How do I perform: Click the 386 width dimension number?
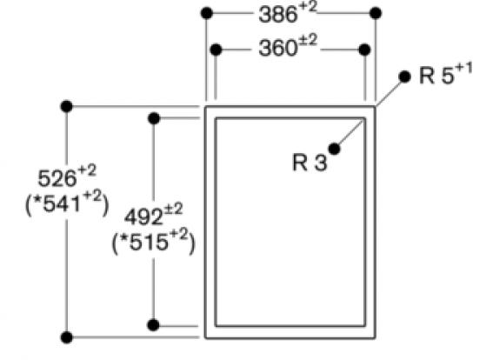click(x=278, y=15)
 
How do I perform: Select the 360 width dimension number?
click(x=278, y=49)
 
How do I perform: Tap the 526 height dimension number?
click(x=57, y=178)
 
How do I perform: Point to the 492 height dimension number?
click(x=143, y=217)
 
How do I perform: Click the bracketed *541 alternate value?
click(x=67, y=203)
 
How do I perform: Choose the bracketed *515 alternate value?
click(x=153, y=242)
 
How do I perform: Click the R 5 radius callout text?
click(x=445, y=76)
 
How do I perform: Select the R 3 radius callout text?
click(x=309, y=163)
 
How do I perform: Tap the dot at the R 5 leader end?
click(x=404, y=77)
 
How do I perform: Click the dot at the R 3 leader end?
click(x=334, y=149)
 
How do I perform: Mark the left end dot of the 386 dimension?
click(x=207, y=13)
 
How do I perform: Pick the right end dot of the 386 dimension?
click(x=376, y=13)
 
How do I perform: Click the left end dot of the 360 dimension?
click(x=216, y=50)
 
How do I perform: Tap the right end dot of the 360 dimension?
click(x=365, y=50)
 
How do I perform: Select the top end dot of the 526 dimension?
click(x=67, y=106)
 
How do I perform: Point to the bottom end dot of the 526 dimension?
click(x=67, y=337)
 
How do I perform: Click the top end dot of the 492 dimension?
click(x=154, y=118)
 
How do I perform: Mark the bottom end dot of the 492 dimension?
click(x=153, y=325)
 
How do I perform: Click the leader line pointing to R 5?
click(x=389, y=92)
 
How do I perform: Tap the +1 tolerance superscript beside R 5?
click(x=463, y=69)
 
